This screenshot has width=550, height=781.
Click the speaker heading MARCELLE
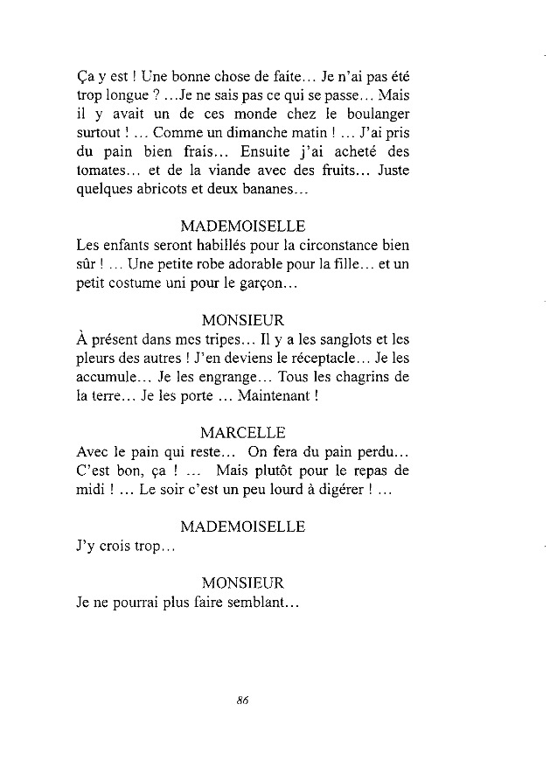pyautogui.click(x=242, y=432)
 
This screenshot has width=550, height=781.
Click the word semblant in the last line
pyautogui.click(x=260, y=603)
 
